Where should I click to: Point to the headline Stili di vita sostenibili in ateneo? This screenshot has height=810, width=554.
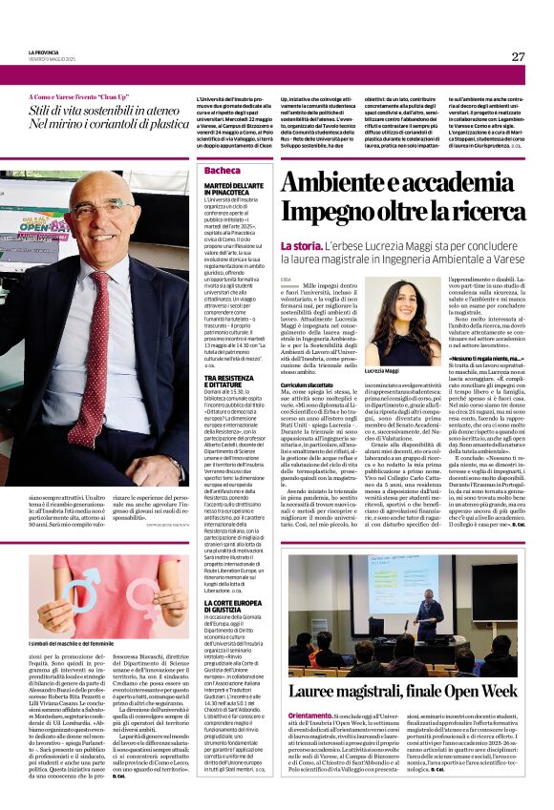click(108, 112)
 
